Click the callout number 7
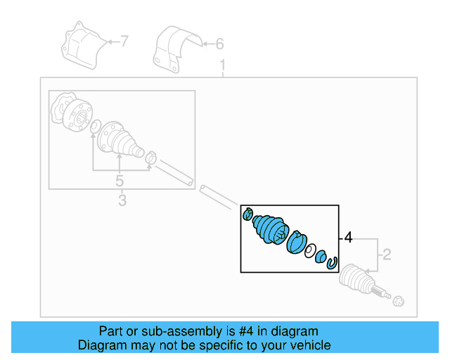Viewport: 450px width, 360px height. point(124,41)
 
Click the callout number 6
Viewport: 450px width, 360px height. point(219,44)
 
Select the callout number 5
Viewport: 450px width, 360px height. point(120,181)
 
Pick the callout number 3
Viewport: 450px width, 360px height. point(122,200)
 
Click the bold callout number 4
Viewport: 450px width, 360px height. point(348,238)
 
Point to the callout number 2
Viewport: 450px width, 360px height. point(387,255)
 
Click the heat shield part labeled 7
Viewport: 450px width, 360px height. point(84,45)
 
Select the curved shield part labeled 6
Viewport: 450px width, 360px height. point(176,49)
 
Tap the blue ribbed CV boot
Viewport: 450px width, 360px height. point(270,230)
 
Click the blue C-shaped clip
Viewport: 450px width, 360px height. point(332,263)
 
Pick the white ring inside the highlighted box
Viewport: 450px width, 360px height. point(310,251)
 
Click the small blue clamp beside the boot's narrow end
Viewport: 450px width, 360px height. point(247,214)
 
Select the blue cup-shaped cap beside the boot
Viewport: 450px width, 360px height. point(297,243)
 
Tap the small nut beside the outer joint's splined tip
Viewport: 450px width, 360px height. point(399,302)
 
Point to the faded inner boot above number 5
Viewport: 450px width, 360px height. point(120,141)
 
